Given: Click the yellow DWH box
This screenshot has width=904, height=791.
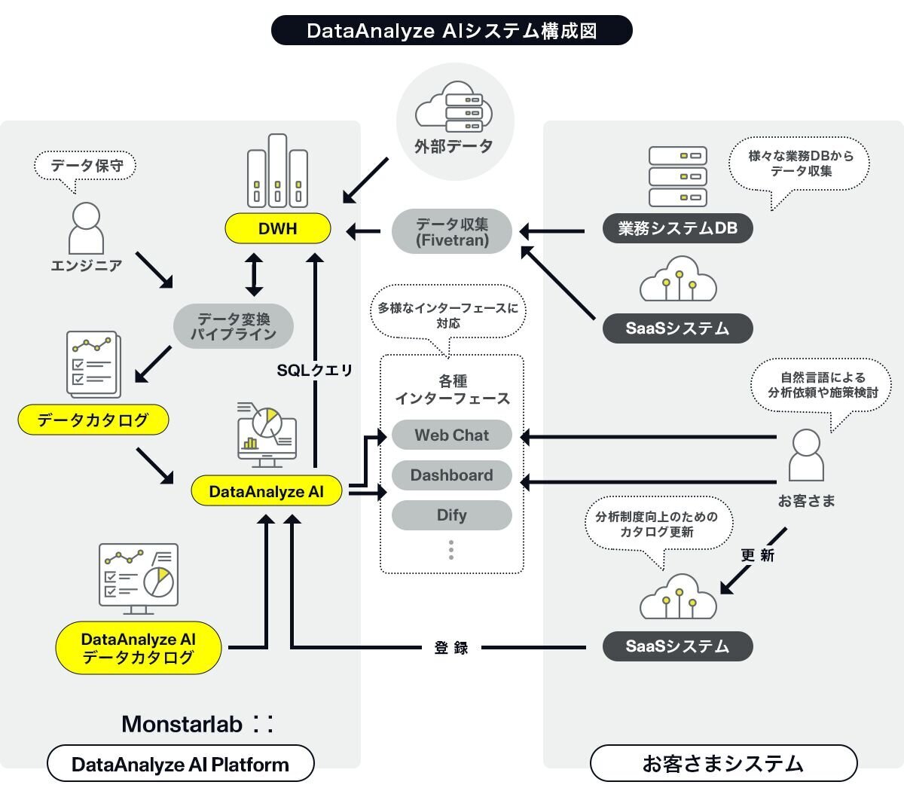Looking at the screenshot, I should [278, 228].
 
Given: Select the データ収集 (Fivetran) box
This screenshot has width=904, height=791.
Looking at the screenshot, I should [452, 231].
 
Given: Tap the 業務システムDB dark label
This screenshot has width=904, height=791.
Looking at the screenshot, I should [677, 228].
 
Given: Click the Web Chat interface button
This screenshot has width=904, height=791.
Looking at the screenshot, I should [451, 435].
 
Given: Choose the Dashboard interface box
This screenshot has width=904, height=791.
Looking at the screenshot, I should [451, 475].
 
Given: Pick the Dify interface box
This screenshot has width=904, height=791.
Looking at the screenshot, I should [451, 515].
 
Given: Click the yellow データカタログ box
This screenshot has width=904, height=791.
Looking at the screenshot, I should [93, 420].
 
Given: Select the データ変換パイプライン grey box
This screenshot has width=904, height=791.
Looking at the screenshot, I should [233, 326].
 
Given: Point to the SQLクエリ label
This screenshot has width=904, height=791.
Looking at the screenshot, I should [314, 370].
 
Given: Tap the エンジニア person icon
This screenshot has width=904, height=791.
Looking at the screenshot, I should [86, 228].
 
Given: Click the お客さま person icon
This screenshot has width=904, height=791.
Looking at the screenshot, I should [806, 455].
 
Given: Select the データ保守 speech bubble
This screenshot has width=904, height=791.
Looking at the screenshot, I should [86, 165].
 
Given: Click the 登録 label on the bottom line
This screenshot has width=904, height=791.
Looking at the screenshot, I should [451, 647].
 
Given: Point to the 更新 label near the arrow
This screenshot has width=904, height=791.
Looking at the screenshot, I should [757, 555].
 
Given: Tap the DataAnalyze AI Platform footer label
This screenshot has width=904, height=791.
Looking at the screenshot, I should [180, 764].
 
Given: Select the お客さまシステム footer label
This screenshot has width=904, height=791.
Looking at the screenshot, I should [723, 764].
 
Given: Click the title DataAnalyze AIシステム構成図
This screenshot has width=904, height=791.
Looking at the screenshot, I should [451, 30].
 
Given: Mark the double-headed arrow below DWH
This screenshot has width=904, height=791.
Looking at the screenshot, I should [254, 275].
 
